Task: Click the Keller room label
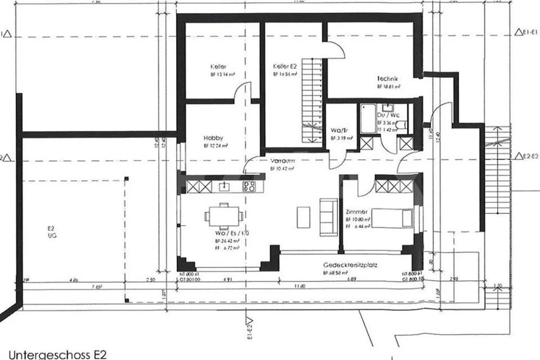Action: (x=218, y=67)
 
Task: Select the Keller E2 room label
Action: (x=285, y=66)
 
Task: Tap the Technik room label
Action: (x=387, y=79)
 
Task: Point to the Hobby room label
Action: (x=213, y=138)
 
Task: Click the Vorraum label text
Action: (x=282, y=161)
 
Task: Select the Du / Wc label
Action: (x=388, y=115)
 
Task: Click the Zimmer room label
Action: (x=357, y=212)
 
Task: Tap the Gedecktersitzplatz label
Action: (x=350, y=265)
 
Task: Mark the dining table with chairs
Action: (x=223, y=216)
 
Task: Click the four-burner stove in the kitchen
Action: (x=249, y=186)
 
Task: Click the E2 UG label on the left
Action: (x=51, y=232)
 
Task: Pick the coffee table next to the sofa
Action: (x=303, y=217)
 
